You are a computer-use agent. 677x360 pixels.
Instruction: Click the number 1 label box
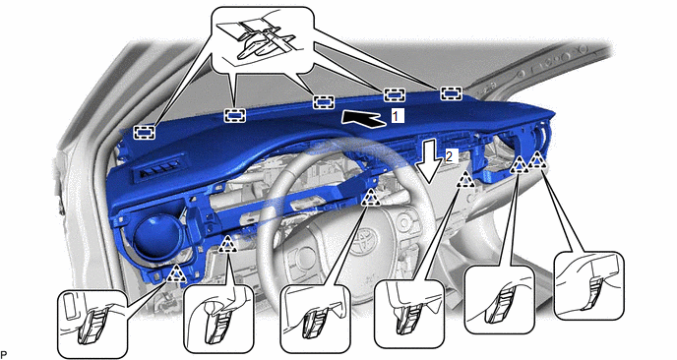[x=398, y=116]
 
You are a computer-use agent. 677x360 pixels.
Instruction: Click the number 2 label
[x=450, y=156]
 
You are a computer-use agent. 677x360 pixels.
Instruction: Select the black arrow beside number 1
[x=363, y=118]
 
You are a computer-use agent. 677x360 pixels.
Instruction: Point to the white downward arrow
[x=430, y=160]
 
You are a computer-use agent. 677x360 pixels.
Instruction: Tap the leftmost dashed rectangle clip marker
[x=145, y=132]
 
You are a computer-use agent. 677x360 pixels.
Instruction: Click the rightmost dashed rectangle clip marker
[x=452, y=93]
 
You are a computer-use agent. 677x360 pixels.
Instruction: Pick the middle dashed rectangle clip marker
[x=324, y=102]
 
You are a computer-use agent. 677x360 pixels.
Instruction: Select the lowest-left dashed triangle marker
[x=176, y=273]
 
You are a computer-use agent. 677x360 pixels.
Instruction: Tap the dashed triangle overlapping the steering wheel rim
[x=370, y=198]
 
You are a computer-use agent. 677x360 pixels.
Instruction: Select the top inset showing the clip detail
[x=263, y=38]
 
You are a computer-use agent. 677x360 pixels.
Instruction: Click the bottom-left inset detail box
[x=92, y=324]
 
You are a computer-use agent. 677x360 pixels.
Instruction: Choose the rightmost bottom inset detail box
[x=588, y=286]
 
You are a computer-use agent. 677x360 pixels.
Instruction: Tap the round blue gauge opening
[x=158, y=236]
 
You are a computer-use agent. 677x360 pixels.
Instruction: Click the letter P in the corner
[x=4, y=354]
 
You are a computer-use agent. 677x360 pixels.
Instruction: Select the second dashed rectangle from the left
[x=234, y=115]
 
